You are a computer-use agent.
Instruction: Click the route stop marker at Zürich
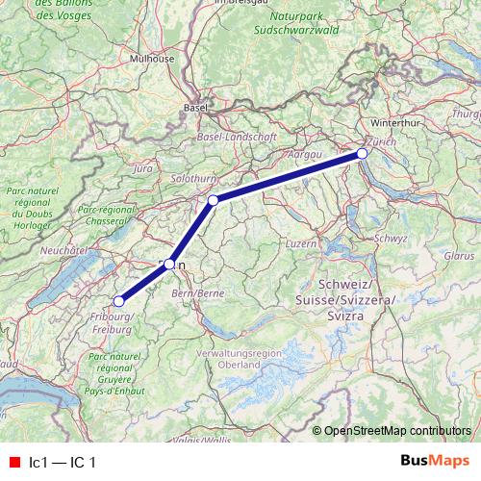point(362,154)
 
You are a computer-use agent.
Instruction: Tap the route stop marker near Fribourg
point(119,302)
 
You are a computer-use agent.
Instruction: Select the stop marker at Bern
point(169,264)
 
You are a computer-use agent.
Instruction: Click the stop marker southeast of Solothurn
point(214,200)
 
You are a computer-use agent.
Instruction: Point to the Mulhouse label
point(152,58)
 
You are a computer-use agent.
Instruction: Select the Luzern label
point(301,243)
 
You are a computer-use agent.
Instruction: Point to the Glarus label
point(460,256)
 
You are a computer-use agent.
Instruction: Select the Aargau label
point(303,154)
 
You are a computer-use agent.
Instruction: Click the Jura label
point(143,168)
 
